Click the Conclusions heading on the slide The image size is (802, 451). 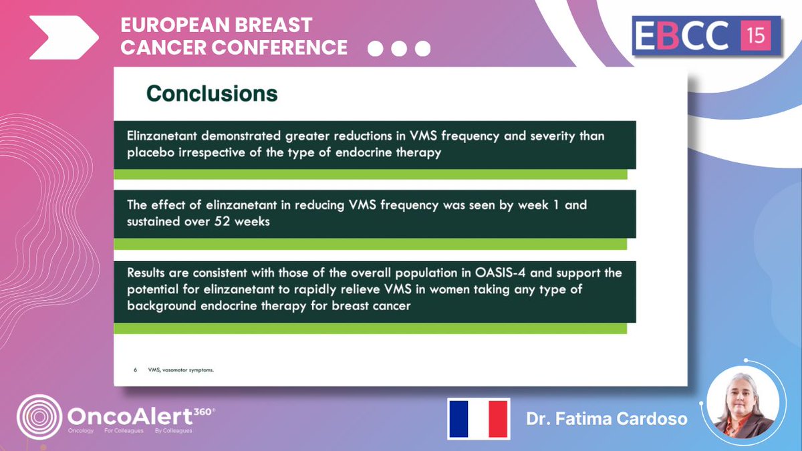click(212, 94)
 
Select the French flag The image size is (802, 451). click(479, 418)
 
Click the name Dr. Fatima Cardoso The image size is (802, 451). click(606, 420)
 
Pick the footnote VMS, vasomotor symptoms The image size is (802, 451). click(181, 369)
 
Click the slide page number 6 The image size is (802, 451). click(135, 369)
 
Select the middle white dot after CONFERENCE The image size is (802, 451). click(399, 49)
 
